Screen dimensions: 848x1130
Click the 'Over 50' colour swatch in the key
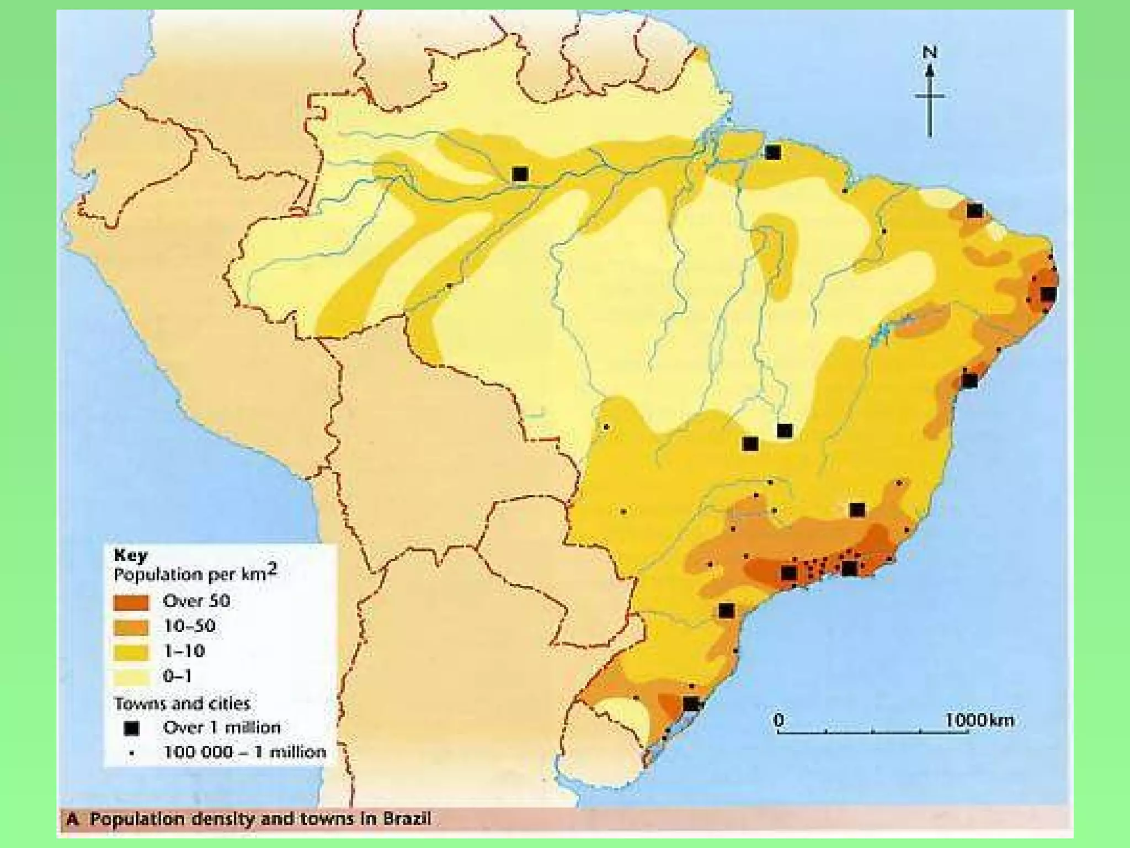131,602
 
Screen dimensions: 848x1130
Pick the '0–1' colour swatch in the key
131,677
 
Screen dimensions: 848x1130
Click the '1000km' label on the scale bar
979,720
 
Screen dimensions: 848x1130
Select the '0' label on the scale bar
779,720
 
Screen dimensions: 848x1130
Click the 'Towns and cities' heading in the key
182,704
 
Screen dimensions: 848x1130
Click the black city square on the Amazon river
520,174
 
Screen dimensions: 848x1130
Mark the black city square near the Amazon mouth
773,152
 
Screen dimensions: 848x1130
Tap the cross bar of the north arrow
930,96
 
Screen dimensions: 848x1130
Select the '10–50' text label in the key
189,626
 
